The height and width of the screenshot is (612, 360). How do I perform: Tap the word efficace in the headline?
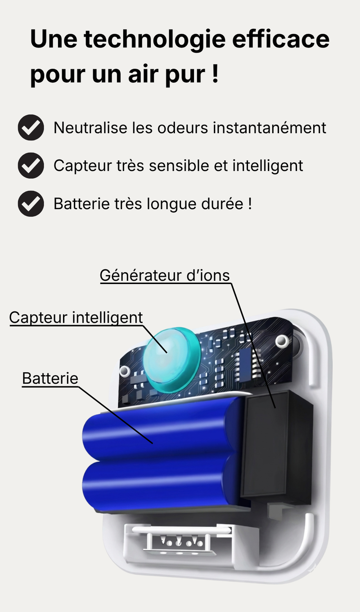(x=281, y=39)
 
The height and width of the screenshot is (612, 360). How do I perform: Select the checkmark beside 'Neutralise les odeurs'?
(x=31, y=128)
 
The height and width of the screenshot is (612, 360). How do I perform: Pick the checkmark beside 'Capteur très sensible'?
(x=31, y=166)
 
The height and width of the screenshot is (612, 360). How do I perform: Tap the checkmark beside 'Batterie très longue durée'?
(x=31, y=204)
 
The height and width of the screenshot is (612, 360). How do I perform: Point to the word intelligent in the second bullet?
(x=268, y=166)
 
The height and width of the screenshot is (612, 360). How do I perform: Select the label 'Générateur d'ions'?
(x=165, y=275)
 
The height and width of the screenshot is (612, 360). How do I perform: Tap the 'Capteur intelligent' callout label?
(x=76, y=318)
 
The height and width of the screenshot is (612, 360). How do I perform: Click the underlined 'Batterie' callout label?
(x=50, y=379)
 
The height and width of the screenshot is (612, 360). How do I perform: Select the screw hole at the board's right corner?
(x=282, y=341)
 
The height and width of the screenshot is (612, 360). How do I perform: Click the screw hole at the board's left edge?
(x=125, y=371)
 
